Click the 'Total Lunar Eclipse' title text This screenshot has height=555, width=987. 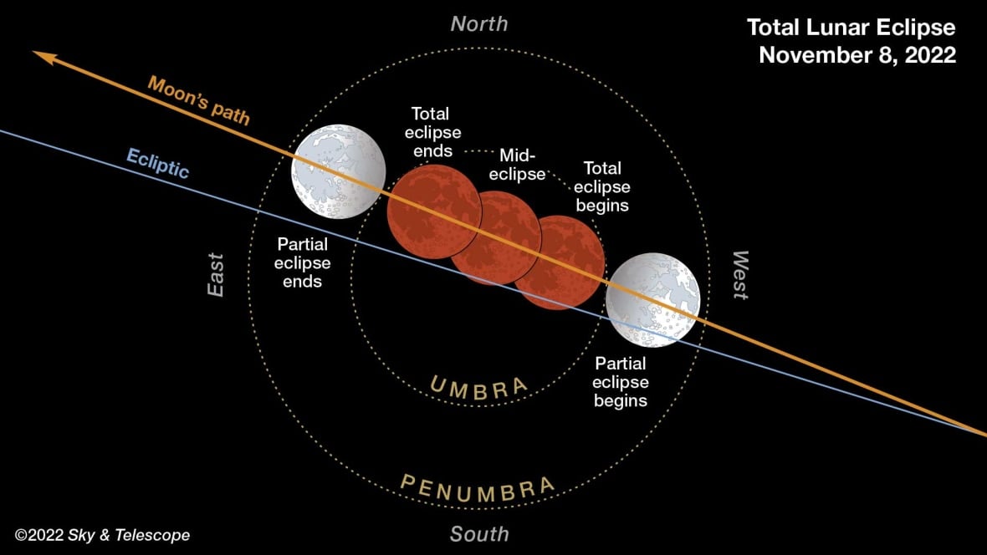[x=851, y=28]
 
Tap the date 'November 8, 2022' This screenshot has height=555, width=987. [x=857, y=55]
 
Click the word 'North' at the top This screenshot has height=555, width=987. [x=478, y=23]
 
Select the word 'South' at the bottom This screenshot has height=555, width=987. [x=478, y=533]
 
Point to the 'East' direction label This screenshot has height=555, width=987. [x=217, y=274]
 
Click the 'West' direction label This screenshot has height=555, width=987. [x=739, y=274]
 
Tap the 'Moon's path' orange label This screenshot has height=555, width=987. [x=199, y=99]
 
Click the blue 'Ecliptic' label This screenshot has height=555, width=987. [x=158, y=162]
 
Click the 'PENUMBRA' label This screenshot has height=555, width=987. [x=478, y=486]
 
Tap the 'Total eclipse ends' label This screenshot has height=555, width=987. [x=432, y=132]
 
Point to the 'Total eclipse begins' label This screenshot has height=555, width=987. [x=602, y=186]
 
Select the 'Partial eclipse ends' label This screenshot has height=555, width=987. [x=303, y=262]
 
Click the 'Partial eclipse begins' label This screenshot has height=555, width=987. [x=620, y=382]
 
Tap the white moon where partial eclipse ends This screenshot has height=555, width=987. [x=338, y=171]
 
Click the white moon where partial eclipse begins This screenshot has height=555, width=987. [x=652, y=300]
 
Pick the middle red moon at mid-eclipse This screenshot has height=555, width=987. [x=495, y=237]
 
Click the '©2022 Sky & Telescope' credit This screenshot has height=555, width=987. [x=102, y=535]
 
